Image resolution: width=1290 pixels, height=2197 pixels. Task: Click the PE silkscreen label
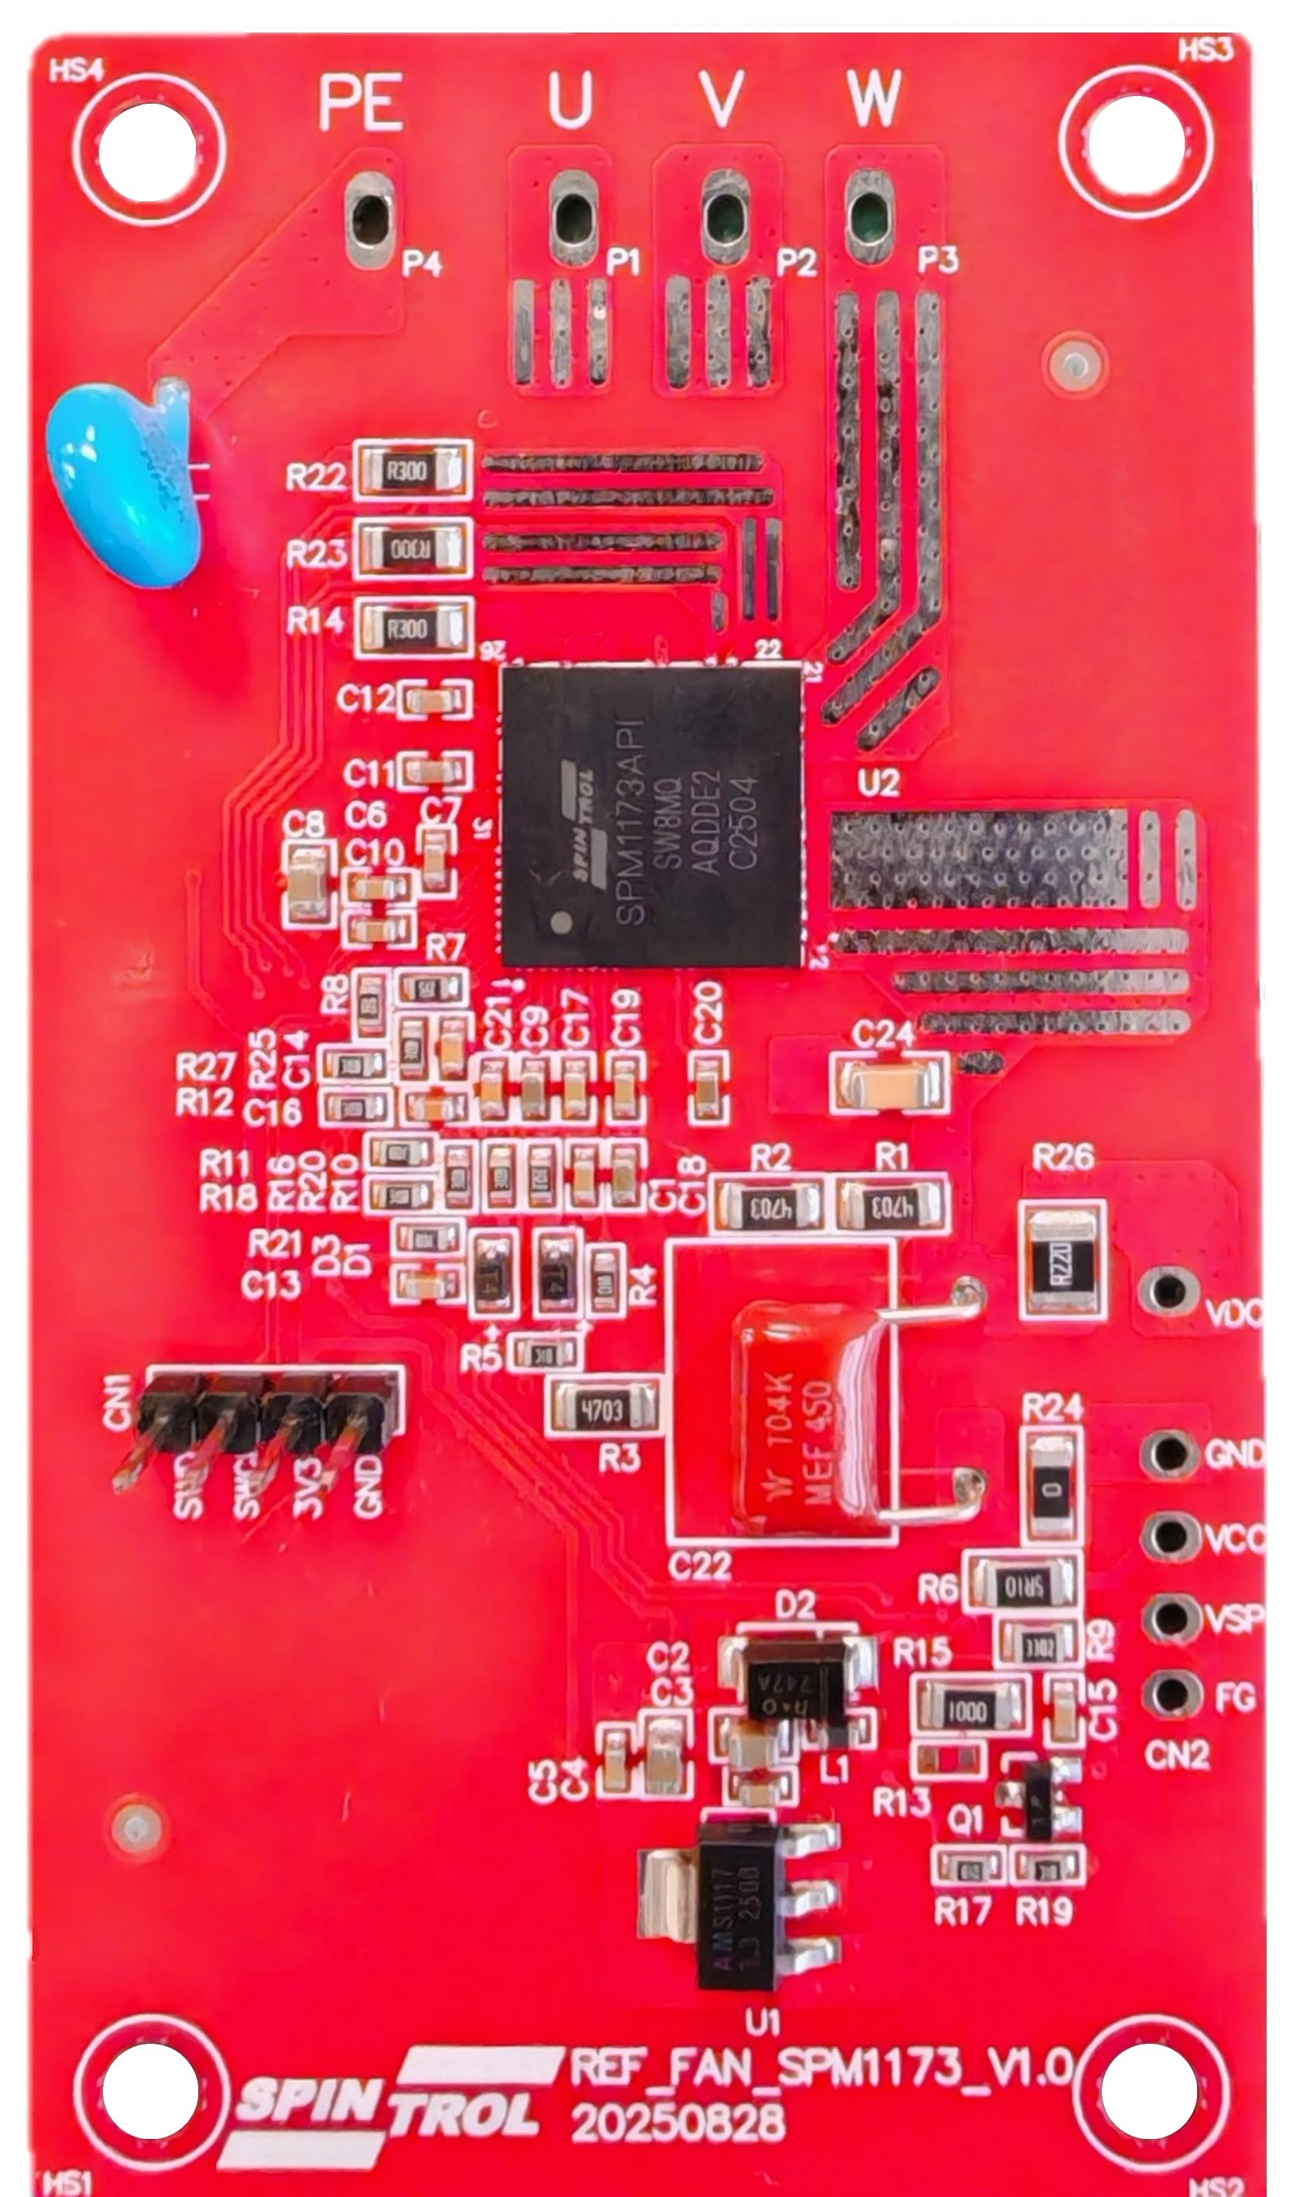pyautogui.click(x=361, y=102)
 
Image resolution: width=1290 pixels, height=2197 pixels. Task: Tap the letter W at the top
pyautogui.click(x=872, y=98)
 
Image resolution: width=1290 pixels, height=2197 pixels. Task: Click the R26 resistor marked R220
pyautogui.click(x=1062, y=1259)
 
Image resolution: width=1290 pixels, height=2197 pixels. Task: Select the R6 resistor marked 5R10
pyautogui.click(x=1022, y=1582)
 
